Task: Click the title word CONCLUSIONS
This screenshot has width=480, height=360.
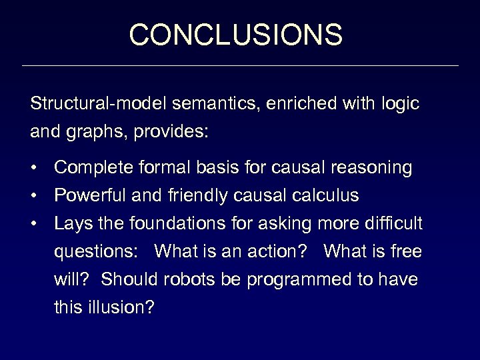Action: click(x=236, y=34)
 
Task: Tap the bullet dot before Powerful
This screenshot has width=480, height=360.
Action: click(x=34, y=197)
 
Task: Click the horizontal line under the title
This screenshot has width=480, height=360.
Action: click(x=240, y=66)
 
